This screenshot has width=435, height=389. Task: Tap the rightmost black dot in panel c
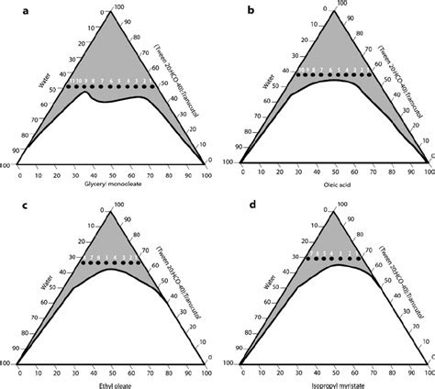(140, 262)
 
